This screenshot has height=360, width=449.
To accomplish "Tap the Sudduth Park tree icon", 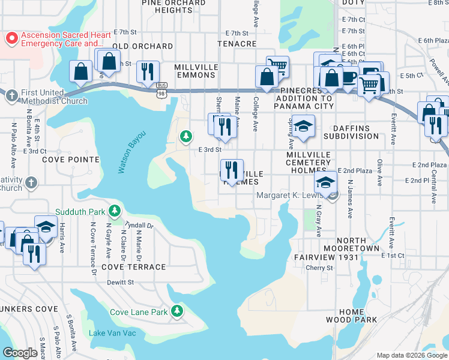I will tap(112, 211).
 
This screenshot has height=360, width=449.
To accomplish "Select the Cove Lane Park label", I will tap(139, 312).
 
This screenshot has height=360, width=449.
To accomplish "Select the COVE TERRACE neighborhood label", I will tap(133, 267).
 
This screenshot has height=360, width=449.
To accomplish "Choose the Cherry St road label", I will tap(319, 268).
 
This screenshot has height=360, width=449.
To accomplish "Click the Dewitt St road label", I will tap(121, 282).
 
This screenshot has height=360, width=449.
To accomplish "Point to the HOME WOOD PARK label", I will tap(351, 316).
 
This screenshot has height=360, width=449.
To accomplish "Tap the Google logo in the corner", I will tap(20, 353).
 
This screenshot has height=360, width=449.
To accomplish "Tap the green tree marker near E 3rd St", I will tap(187, 137).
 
